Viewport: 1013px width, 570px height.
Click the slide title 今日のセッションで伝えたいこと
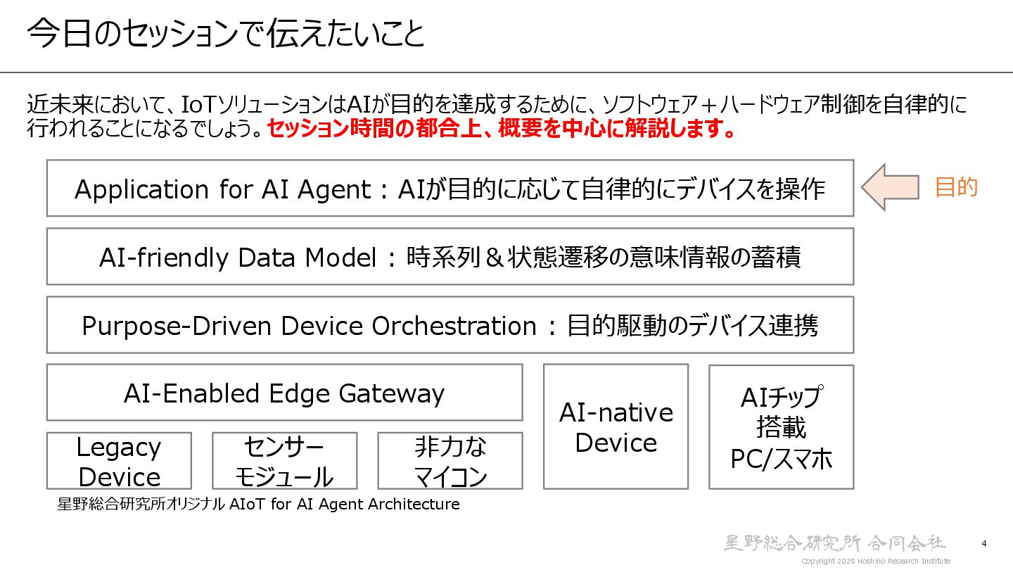tap(226, 34)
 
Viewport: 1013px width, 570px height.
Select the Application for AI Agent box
tap(450, 188)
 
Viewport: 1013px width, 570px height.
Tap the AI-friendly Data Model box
tap(450, 257)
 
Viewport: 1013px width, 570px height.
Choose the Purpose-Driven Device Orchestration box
tap(450, 325)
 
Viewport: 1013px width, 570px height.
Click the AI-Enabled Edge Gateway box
tap(284, 393)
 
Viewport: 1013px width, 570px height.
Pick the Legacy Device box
tap(119, 461)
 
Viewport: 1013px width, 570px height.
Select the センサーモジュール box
tap(284, 461)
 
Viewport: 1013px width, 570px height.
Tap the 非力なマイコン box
tap(450, 461)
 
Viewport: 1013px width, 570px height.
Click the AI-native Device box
tap(616, 426)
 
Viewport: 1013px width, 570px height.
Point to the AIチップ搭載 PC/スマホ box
tap(781, 426)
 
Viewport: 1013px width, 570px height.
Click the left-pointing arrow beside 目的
tap(890, 187)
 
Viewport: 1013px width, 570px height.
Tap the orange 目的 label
tap(956, 187)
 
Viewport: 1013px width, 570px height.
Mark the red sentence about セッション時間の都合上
tap(502, 129)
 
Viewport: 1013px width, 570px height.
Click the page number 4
tap(984, 543)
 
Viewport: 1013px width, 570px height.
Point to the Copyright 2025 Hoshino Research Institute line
tap(876, 561)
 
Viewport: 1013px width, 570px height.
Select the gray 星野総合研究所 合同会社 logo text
tap(835, 543)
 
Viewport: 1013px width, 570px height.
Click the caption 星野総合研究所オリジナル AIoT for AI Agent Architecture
tap(258, 505)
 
